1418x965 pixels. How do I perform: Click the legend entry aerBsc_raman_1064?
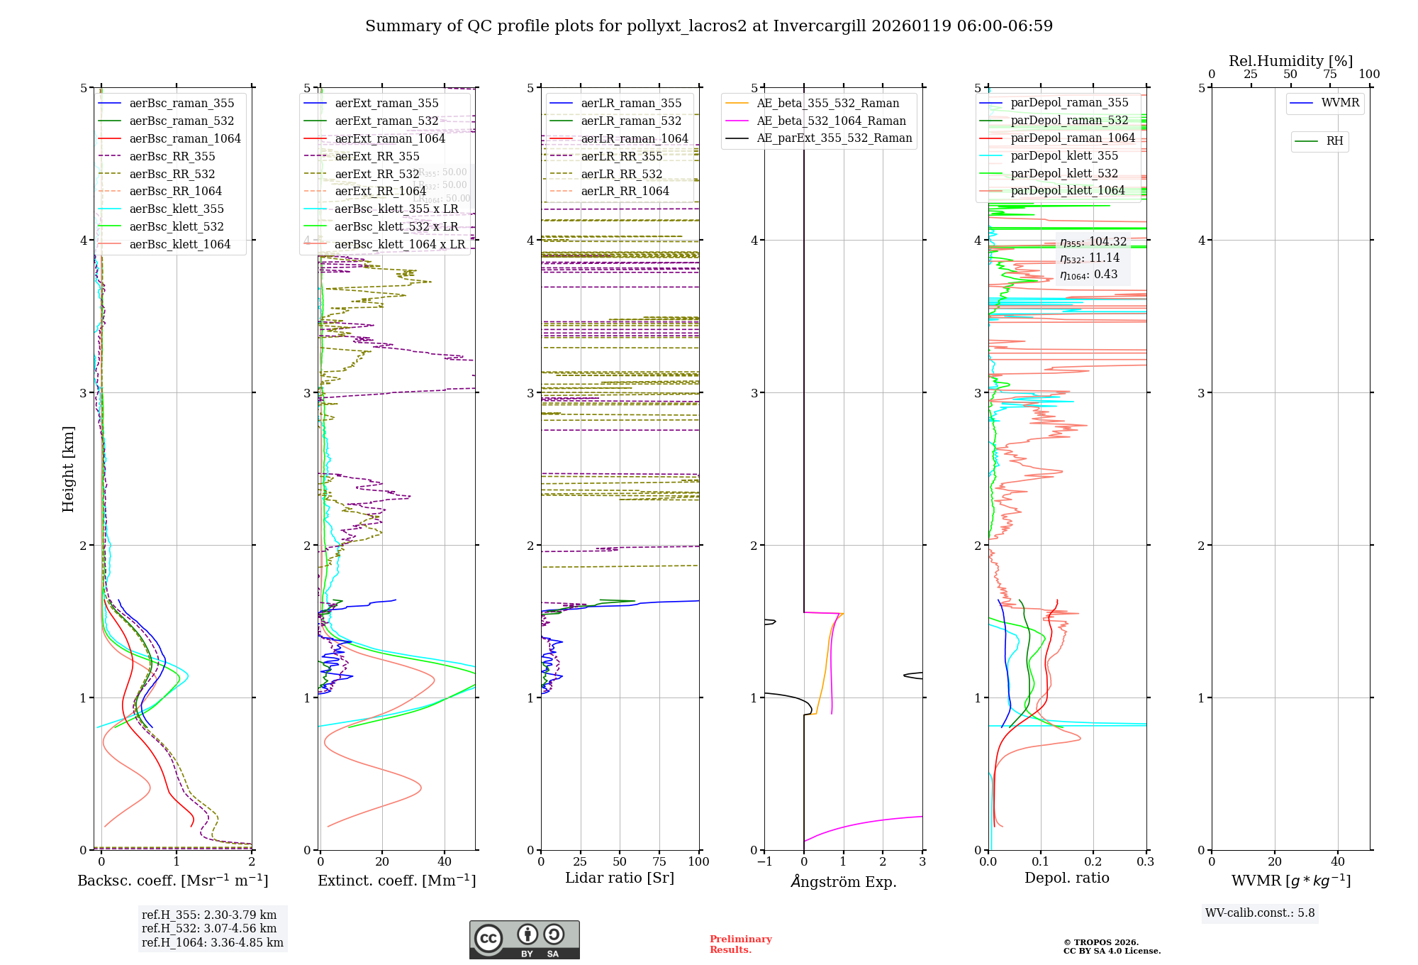[x=184, y=139]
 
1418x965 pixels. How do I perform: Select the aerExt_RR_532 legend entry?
[x=376, y=174]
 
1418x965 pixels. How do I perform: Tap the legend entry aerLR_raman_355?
[x=630, y=104]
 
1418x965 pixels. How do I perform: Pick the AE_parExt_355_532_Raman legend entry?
[x=834, y=138]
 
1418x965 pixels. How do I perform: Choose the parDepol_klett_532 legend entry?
[x=1063, y=174]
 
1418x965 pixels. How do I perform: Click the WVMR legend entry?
[x=1339, y=103]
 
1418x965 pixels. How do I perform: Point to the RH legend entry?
[x=1334, y=141]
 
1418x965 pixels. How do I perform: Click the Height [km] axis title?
[x=68, y=468]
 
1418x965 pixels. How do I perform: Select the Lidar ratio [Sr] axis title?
[x=619, y=878]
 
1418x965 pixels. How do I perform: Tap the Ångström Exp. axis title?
[x=843, y=882]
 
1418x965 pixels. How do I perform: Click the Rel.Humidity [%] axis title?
[x=1290, y=61]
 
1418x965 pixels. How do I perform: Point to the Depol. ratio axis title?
[x=1066, y=878]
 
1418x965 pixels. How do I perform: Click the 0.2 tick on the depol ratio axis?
[x=1093, y=862]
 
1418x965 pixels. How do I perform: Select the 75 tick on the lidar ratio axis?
[x=659, y=862]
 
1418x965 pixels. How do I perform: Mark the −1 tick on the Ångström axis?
[x=764, y=862]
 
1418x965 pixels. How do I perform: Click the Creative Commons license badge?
[x=524, y=939]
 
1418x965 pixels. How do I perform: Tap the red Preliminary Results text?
[x=740, y=944]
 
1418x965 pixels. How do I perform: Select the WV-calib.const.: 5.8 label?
[x=1259, y=913]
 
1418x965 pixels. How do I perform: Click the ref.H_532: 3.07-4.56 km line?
[x=209, y=929]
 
